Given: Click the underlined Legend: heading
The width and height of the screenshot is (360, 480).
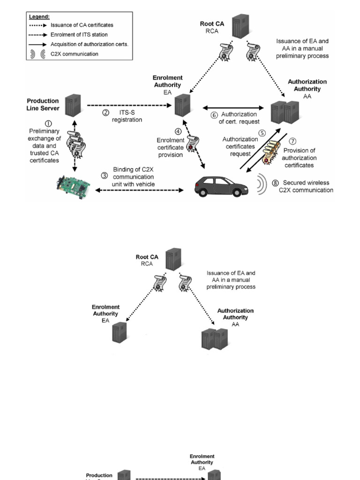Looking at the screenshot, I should (39, 16).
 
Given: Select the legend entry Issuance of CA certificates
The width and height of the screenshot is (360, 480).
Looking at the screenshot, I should (82, 25).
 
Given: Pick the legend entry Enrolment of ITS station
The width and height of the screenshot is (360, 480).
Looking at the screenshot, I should (79, 35).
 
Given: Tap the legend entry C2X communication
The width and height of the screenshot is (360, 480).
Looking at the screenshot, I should (75, 54).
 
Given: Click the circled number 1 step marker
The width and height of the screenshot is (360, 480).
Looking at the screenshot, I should (48, 124).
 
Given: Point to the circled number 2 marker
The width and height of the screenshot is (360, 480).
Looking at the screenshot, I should (106, 113).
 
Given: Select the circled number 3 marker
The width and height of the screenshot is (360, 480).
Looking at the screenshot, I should (105, 176).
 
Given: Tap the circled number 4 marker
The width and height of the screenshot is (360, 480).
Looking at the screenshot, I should (178, 132).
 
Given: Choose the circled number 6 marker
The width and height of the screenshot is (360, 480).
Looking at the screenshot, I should (214, 115).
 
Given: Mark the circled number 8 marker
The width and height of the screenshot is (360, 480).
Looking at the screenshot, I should (275, 183).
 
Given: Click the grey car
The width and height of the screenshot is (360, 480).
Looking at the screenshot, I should (222, 186).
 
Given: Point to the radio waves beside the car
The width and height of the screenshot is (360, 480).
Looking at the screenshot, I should (262, 184).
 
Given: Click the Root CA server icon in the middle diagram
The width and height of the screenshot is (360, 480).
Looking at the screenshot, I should (172, 260).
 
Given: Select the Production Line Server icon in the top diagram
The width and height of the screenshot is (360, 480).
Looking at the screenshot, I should (73, 106).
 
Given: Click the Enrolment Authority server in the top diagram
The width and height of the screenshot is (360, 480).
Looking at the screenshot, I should (183, 105).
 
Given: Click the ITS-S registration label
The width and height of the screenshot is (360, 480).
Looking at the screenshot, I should (127, 116).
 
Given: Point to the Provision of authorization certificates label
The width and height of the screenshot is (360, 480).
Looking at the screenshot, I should (300, 158).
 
